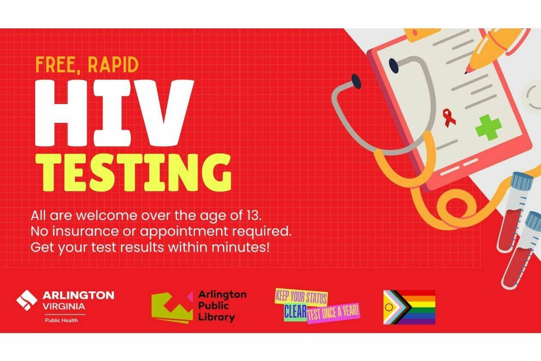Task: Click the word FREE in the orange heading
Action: click(55, 64)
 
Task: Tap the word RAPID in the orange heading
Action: click(113, 64)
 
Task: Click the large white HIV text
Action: click(115, 113)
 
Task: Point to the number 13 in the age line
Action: click(253, 215)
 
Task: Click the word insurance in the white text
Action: click(85, 231)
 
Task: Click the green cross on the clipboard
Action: click(489, 127)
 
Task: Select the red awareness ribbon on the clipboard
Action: click(449, 118)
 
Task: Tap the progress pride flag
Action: click(409, 307)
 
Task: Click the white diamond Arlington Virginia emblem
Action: click(27, 300)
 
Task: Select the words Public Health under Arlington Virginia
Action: click(61, 320)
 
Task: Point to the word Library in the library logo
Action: click(216, 318)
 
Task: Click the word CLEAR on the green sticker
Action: click(295, 312)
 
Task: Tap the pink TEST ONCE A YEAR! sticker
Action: click(334, 313)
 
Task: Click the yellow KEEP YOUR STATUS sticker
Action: click(301, 297)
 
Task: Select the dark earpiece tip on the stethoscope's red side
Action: click(356, 81)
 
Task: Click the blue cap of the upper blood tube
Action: click(523, 180)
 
